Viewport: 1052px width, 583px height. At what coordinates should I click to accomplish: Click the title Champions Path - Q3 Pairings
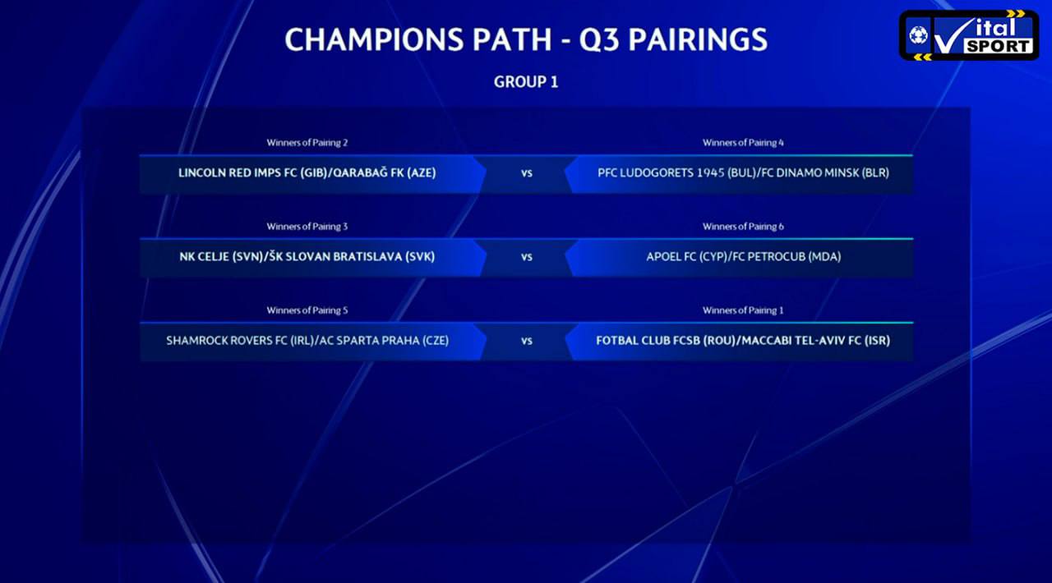pyautogui.click(x=526, y=39)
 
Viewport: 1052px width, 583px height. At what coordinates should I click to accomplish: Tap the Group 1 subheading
pyautogui.click(x=526, y=82)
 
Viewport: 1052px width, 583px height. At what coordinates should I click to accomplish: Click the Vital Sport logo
pyautogui.click(x=969, y=35)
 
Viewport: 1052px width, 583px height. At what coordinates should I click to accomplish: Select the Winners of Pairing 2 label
pyautogui.click(x=307, y=143)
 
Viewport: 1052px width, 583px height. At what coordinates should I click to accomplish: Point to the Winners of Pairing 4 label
pyautogui.click(x=743, y=143)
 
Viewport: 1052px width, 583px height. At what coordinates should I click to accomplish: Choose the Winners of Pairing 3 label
pyautogui.click(x=307, y=227)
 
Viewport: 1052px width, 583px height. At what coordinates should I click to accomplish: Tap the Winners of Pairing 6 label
pyautogui.click(x=743, y=227)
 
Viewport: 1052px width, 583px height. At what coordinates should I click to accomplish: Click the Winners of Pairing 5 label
pyautogui.click(x=307, y=310)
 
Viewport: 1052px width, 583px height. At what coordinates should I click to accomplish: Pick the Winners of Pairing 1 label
pyautogui.click(x=743, y=310)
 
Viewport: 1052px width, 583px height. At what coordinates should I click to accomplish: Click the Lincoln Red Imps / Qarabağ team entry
pyautogui.click(x=307, y=173)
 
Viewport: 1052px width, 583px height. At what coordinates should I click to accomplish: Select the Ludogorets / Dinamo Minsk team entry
pyautogui.click(x=743, y=173)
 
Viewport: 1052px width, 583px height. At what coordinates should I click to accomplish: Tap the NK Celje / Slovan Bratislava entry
pyautogui.click(x=307, y=257)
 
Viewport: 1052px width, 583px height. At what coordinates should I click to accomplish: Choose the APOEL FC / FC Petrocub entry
pyautogui.click(x=743, y=257)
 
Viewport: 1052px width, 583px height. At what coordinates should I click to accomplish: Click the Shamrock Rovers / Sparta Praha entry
pyautogui.click(x=307, y=341)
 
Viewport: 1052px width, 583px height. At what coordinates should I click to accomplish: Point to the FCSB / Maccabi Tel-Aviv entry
pyautogui.click(x=743, y=341)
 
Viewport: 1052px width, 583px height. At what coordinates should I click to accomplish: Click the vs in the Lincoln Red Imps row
pyautogui.click(x=527, y=174)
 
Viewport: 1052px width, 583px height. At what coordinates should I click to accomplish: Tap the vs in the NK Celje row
pyautogui.click(x=527, y=258)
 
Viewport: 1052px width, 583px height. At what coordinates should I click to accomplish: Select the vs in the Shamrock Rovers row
pyautogui.click(x=527, y=342)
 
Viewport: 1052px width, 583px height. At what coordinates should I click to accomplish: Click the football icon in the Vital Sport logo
pyautogui.click(x=918, y=34)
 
